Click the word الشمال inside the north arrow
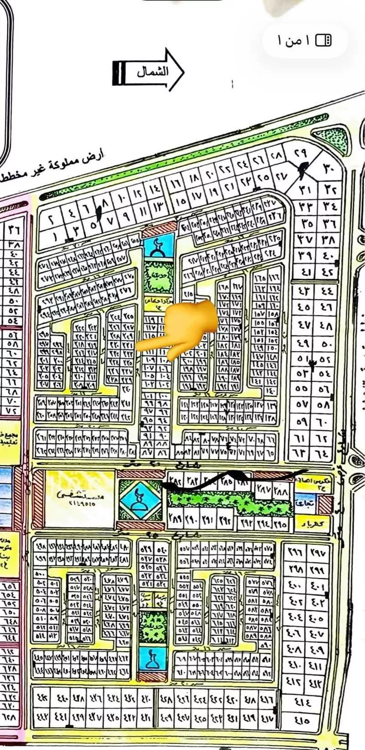(152, 71)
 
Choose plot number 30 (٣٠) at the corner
(329, 168)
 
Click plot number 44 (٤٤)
(326, 291)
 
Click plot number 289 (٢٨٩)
(174, 518)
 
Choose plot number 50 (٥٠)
(326, 343)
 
